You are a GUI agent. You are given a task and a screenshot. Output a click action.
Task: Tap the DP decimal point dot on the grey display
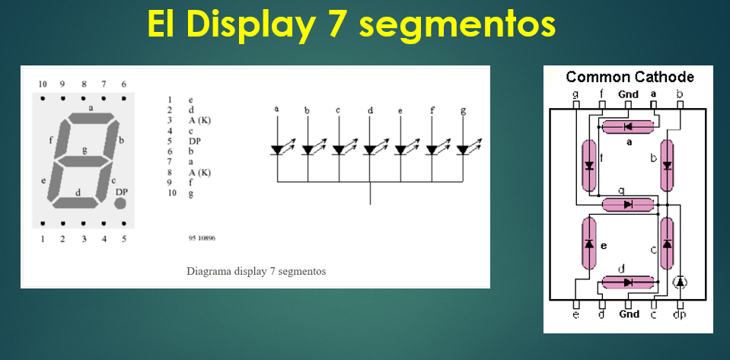[120, 204]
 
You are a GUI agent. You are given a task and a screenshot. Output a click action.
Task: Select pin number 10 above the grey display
[43, 84]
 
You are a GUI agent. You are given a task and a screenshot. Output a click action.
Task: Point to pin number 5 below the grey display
[124, 239]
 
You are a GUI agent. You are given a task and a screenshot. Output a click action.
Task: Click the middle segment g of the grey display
[84, 161]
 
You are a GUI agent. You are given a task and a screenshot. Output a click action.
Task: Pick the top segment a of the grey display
[91, 119]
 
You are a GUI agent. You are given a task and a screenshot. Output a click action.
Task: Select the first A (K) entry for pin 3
[199, 120]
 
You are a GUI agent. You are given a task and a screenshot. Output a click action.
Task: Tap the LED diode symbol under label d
[370, 150]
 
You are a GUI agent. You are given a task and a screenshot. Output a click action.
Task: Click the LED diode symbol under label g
[462, 150]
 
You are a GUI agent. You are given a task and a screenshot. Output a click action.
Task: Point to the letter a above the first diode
[276, 110]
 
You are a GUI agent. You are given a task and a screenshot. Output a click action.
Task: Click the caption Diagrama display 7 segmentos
[256, 271]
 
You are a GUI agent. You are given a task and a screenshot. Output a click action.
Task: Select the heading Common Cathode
[630, 77]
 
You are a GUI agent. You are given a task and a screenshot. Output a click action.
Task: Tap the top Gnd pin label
[628, 94]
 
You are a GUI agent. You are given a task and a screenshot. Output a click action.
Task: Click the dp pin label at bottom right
[680, 314]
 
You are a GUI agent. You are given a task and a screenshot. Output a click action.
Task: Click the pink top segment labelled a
[628, 126]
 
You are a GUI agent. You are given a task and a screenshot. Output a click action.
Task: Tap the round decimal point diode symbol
[681, 282]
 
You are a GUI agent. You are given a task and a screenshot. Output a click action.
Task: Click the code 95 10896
[201, 238]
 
